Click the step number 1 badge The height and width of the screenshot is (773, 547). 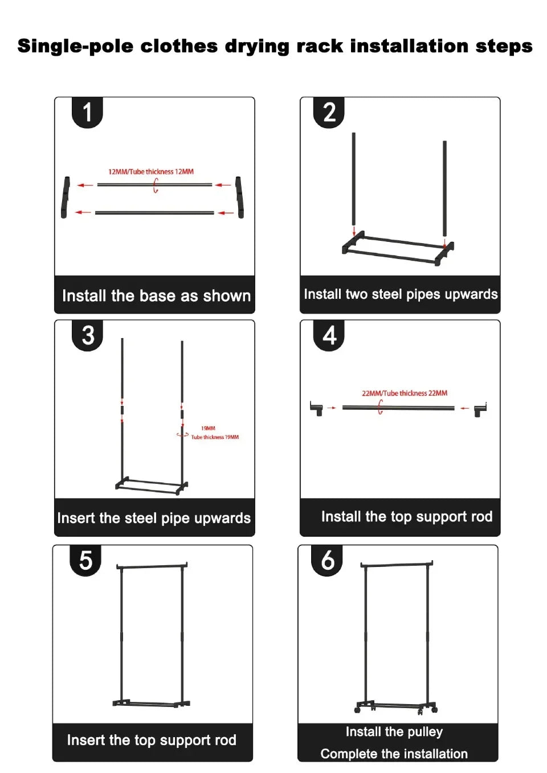click(x=87, y=112)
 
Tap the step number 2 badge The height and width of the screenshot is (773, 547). click(x=329, y=112)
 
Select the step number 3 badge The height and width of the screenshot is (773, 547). click(x=88, y=335)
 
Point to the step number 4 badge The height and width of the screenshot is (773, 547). click(x=329, y=335)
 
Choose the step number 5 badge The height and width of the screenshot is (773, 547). click(x=85, y=560)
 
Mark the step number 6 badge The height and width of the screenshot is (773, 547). click(x=327, y=560)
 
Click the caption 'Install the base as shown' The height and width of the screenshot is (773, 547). click(x=156, y=296)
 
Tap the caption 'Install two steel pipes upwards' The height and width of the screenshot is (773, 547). click(x=401, y=294)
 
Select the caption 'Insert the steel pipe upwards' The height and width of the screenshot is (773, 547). click(x=154, y=518)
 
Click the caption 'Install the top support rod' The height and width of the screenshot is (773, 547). click(x=407, y=517)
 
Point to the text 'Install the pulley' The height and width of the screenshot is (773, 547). click(x=394, y=731)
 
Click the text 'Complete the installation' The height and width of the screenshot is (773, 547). click(x=394, y=754)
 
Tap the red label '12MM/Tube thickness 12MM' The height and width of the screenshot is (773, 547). click(x=151, y=171)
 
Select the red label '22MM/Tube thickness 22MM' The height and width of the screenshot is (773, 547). click(x=405, y=393)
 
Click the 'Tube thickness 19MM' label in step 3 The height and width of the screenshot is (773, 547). click(x=215, y=437)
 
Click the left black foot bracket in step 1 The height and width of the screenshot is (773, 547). click(x=66, y=197)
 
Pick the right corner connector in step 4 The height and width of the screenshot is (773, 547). click(x=480, y=409)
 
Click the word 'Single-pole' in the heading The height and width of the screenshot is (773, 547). click(x=75, y=46)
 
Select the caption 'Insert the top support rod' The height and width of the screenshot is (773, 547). click(x=152, y=740)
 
